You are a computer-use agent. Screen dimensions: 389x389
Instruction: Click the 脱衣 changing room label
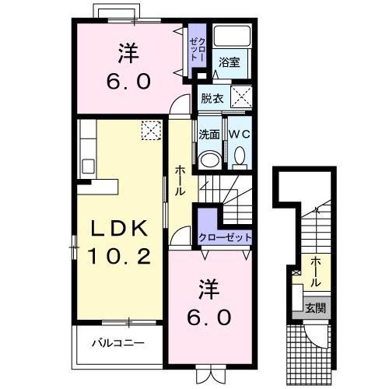[x=211, y=98]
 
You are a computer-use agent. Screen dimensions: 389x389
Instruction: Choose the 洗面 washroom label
[x=209, y=134]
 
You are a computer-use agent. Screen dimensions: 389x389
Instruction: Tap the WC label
[x=237, y=134]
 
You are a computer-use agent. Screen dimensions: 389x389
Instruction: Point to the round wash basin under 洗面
[x=209, y=159]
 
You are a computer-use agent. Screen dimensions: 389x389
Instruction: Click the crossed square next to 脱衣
[x=241, y=99]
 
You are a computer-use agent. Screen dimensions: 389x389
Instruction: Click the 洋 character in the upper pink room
[x=128, y=54]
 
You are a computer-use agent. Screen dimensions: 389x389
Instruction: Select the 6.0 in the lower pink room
[x=205, y=317]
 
